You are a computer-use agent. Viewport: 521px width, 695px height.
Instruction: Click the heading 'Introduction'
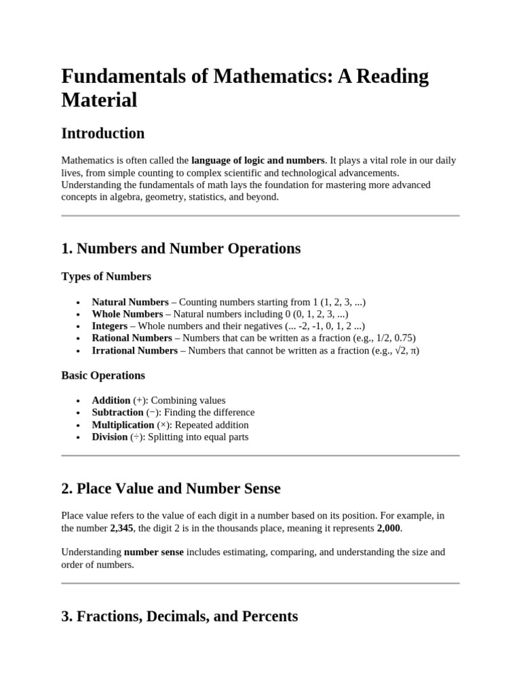click(x=103, y=133)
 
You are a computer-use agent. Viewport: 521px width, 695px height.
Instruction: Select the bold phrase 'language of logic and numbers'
click(x=258, y=161)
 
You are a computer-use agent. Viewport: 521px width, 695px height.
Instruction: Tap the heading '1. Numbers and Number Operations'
click(x=180, y=248)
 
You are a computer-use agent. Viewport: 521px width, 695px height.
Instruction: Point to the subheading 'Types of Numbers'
click(x=107, y=276)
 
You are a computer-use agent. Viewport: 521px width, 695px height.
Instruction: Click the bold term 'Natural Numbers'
click(x=130, y=302)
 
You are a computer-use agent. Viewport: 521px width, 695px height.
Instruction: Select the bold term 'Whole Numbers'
click(x=128, y=314)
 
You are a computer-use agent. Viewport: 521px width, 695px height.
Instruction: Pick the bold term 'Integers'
click(x=109, y=326)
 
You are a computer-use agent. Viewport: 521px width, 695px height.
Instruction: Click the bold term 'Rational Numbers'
click(x=132, y=338)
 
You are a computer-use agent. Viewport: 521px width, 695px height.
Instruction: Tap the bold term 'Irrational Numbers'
click(x=134, y=351)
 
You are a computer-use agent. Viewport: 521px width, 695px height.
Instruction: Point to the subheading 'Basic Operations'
click(x=103, y=375)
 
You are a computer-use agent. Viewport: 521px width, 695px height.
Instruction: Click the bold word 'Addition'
click(x=111, y=400)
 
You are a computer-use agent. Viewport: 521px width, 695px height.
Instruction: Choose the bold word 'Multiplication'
click(x=123, y=425)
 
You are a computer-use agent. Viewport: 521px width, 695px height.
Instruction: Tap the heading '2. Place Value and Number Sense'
click(x=171, y=489)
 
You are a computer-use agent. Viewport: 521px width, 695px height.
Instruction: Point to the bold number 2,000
click(x=389, y=527)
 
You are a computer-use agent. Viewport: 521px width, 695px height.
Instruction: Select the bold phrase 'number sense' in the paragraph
click(x=153, y=552)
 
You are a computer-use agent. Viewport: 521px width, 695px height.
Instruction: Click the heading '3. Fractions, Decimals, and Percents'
click(x=179, y=616)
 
